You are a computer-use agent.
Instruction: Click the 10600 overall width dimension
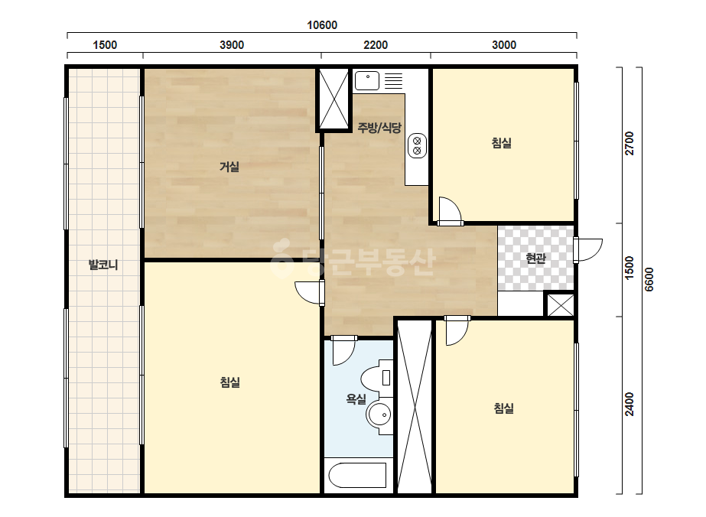pyautogui.click(x=322, y=25)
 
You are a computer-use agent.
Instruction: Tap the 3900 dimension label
pyautogui.click(x=232, y=45)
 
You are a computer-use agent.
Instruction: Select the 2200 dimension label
pyautogui.click(x=376, y=45)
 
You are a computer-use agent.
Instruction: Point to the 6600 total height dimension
pyautogui.click(x=649, y=279)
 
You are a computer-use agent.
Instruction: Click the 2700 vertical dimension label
pyautogui.click(x=630, y=143)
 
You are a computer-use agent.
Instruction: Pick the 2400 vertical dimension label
pyautogui.click(x=630, y=404)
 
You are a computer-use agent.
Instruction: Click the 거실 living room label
pyautogui.click(x=229, y=167)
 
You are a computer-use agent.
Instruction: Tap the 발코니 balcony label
pyautogui.click(x=103, y=265)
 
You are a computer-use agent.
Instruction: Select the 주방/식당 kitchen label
pyautogui.click(x=379, y=128)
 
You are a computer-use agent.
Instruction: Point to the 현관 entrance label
pyautogui.click(x=535, y=258)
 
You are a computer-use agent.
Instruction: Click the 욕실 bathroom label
pyautogui.click(x=356, y=398)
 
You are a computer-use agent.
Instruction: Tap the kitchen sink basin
pyautogui.click(x=367, y=81)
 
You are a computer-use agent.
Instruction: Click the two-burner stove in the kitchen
pyautogui.click(x=417, y=146)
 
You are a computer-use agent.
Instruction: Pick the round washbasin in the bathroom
pyautogui.click(x=379, y=414)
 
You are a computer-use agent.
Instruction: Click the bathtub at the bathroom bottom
pyautogui.click(x=358, y=476)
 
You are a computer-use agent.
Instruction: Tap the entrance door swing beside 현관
pyautogui.click(x=588, y=249)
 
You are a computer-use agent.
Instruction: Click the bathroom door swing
pyautogui.click(x=344, y=350)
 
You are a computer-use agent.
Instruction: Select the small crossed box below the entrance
pyautogui.click(x=561, y=305)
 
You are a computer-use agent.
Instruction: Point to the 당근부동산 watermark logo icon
pyautogui.click(x=281, y=258)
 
